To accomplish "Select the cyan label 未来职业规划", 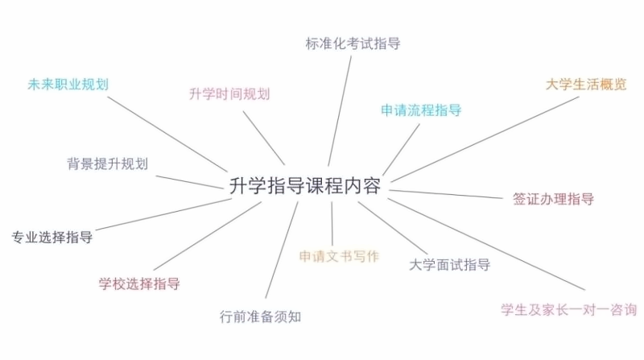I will point(68,84).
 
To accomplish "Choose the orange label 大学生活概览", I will point(585,85).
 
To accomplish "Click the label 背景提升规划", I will point(107,163).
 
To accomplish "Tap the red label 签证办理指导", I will point(553,199).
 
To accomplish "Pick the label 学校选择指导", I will point(139,283).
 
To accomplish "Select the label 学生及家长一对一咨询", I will point(568,309).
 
